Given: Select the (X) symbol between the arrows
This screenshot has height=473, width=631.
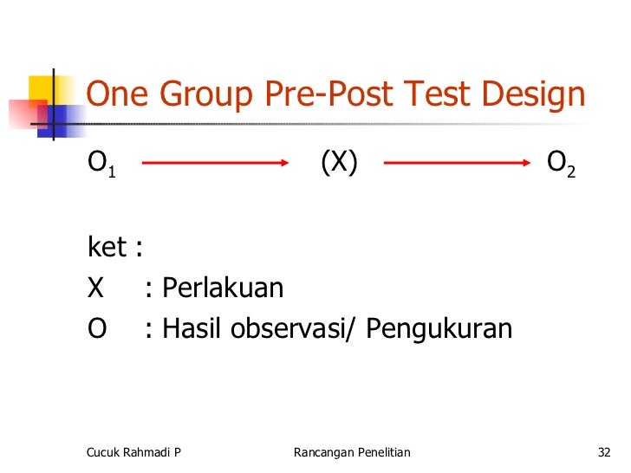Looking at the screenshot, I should coord(339,162).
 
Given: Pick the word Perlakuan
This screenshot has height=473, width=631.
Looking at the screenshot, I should coord(223,288).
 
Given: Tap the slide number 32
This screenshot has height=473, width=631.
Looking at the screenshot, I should coord(604,452).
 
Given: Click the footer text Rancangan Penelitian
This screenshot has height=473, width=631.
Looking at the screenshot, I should coord(352,452).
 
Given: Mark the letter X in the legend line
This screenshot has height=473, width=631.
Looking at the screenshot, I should coord(96,288).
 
